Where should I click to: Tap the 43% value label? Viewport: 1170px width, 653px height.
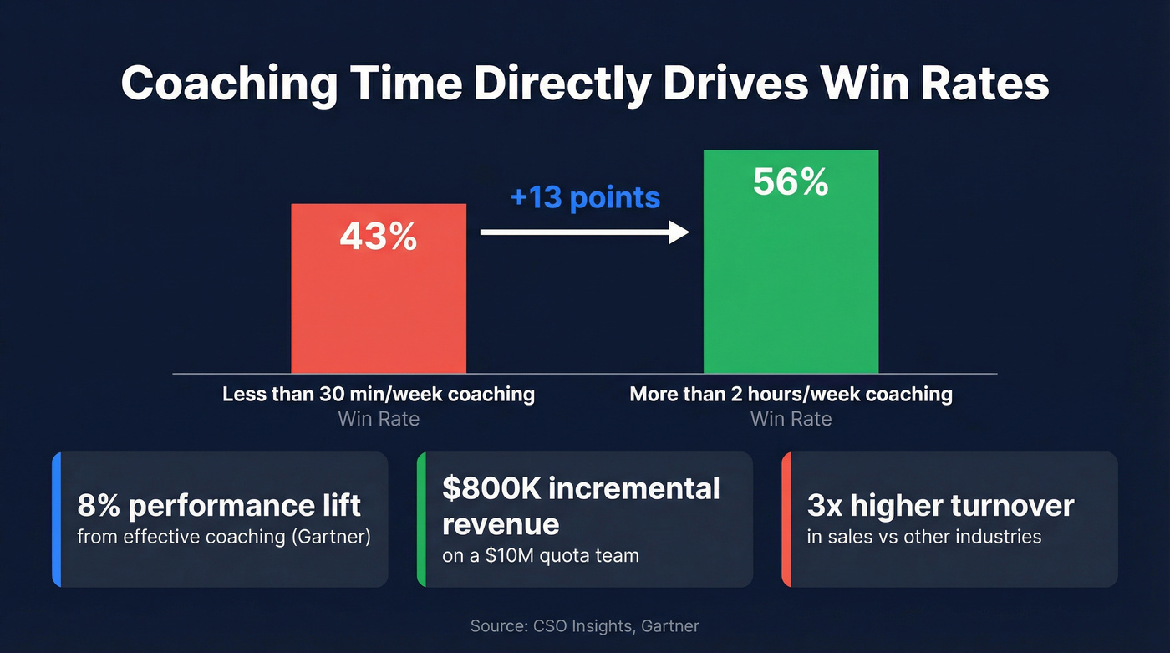[x=378, y=237]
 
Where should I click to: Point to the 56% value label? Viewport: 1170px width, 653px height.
[x=791, y=182]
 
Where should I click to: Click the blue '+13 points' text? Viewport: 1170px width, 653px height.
[x=585, y=198]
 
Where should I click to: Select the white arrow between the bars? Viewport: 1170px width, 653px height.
[x=585, y=233]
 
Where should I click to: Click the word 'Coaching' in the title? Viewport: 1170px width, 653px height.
[x=230, y=84]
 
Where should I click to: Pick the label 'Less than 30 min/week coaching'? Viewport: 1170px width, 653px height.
[x=379, y=394]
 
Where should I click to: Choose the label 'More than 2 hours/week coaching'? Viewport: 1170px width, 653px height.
[x=791, y=394]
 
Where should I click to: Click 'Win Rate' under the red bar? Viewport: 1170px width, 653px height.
[x=379, y=418]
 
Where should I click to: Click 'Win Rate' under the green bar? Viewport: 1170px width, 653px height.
[x=791, y=418]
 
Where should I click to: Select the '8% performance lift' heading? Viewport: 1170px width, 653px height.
[x=219, y=505]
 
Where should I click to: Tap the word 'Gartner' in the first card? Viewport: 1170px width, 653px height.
[x=329, y=536]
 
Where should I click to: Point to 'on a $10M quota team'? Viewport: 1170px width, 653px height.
[x=541, y=555]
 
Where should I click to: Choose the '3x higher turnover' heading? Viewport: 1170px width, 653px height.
[x=940, y=505]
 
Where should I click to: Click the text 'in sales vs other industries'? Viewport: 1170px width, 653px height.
[x=924, y=536]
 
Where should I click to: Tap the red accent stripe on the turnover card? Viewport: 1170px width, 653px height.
[x=786, y=519]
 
